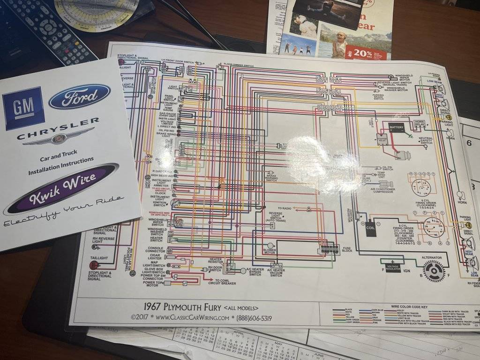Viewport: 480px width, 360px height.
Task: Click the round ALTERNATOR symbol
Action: point(434,270)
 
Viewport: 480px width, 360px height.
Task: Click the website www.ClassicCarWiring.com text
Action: point(192,317)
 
